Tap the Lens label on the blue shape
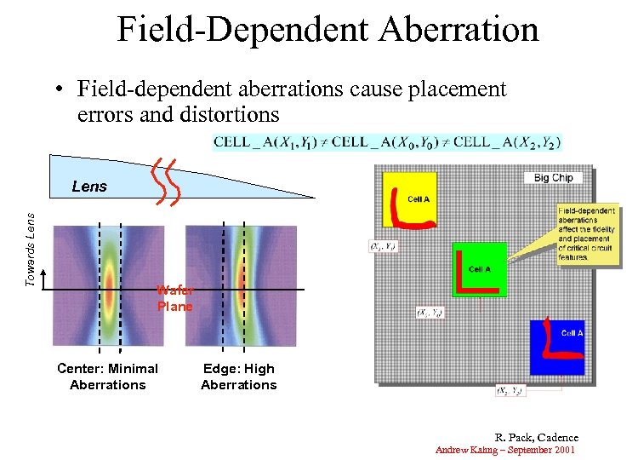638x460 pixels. point(89,187)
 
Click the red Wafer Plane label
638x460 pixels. point(174,298)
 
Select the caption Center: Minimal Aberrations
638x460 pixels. point(107,377)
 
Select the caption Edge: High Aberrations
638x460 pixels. point(238,377)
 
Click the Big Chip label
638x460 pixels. point(553,177)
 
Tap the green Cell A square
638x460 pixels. point(479,269)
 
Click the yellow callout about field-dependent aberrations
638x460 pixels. point(586,233)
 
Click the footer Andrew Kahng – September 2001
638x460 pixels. point(505,449)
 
